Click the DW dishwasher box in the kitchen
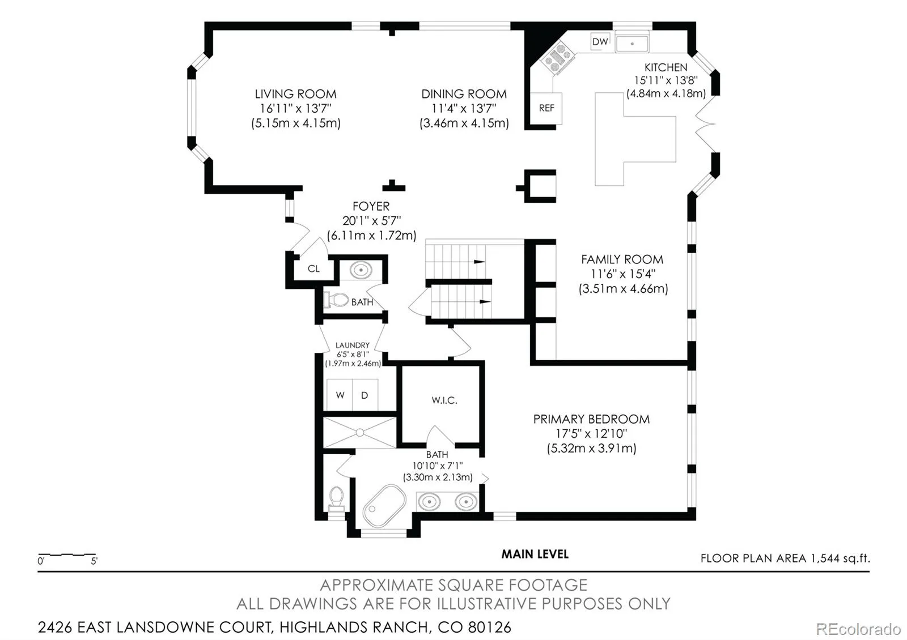tap(600, 41)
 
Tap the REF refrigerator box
tap(546, 108)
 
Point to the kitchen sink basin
tap(632, 43)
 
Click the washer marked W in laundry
tap(340, 395)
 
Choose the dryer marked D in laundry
tap(365, 395)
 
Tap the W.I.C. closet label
tap(444, 400)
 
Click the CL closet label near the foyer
tap(313, 268)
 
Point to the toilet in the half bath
tap(336, 300)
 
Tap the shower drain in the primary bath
tap(359, 433)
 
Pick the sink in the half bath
tap(361, 270)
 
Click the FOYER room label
tap(371, 206)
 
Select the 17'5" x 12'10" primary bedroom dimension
tap(591, 434)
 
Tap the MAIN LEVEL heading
tap(535, 554)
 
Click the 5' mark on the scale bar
tap(94, 561)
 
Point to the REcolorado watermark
tap(858, 629)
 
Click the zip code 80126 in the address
tap(490, 627)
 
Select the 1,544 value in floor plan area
tap(825, 558)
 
